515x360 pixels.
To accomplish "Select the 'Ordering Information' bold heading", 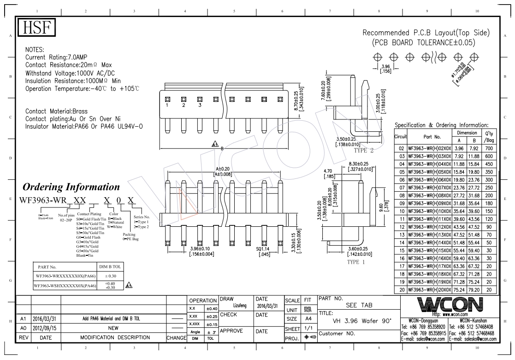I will coord(68,187).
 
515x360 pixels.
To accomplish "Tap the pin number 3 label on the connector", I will coord(199,106).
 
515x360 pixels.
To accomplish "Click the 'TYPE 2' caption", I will coord(363,150).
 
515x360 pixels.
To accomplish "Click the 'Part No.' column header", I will coord(432,137).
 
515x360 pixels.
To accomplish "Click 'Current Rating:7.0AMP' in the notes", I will coord(56,57).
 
